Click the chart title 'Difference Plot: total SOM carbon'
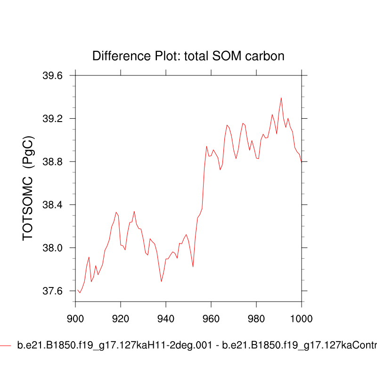click(188, 56)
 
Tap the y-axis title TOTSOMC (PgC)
click(28, 188)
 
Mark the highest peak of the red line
click(281, 98)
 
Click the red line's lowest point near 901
click(80, 293)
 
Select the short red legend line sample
click(6, 346)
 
